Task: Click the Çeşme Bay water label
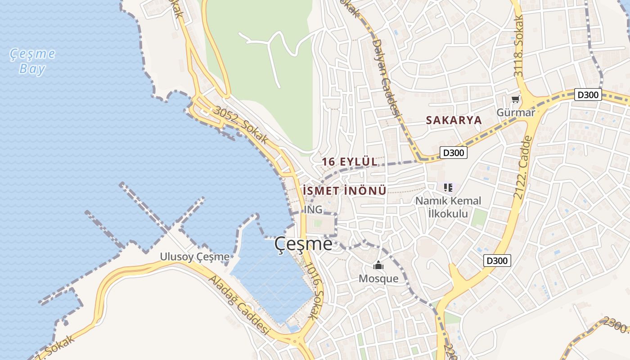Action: pyautogui.click(x=33, y=61)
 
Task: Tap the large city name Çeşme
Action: pyautogui.click(x=303, y=244)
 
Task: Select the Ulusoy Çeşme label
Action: pyautogui.click(x=194, y=257)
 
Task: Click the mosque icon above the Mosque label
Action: pyautogui.click(x=378, y=265)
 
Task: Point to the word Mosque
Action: pyautogui.click(x=378, y=279)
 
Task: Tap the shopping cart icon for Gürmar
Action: pyautogui.click(x=515, y=99)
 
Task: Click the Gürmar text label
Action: pyautogui.click(x=516, y=112)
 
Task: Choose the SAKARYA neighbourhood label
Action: pyautogui.click(x=454, y=120)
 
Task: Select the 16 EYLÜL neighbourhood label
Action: pyautogui.click(x=350, y=162)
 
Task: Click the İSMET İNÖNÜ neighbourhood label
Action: pyautogui.click(x=345, y=191)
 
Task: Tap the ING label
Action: pyautogui.click(x=313, y=210)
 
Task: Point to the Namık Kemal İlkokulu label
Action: pyautogui.click(x=448, y=207)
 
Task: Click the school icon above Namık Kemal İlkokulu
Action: pyautogui.click(x=448, y=187)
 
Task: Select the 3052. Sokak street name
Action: pyautogui.click(x=241, y=125)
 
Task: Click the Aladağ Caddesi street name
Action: pyautogui.click(x=238, y=306)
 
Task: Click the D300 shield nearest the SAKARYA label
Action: pyautogui.click(x=453, y=153)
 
